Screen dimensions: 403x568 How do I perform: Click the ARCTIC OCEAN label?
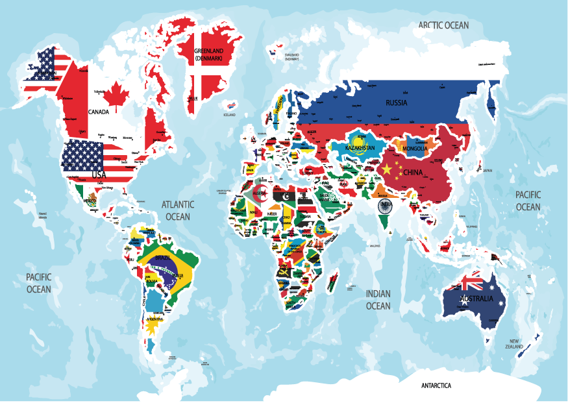443,25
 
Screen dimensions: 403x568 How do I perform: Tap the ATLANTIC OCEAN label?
177,210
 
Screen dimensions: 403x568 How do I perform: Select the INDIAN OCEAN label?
378,299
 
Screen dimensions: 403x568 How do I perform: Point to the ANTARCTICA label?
436,385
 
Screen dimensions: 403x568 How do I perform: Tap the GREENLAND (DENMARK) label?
208,54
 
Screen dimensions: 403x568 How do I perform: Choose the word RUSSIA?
397,103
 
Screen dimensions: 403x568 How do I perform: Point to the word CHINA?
412,173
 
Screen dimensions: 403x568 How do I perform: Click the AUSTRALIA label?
476,299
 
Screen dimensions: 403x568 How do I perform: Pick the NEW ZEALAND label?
514,344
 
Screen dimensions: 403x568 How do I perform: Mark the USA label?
98,175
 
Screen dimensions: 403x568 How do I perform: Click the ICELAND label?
229,115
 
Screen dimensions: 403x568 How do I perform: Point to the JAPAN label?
487,171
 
